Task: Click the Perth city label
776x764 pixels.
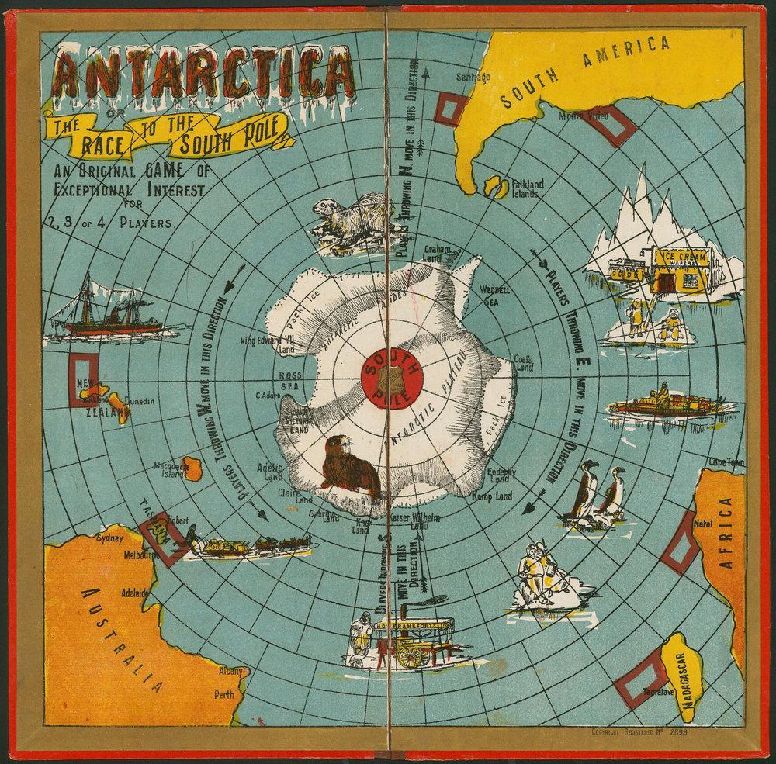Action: (x=224, y=694)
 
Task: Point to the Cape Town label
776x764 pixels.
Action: (x=726, y=462)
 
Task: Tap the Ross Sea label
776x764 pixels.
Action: (x=289, y=380)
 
